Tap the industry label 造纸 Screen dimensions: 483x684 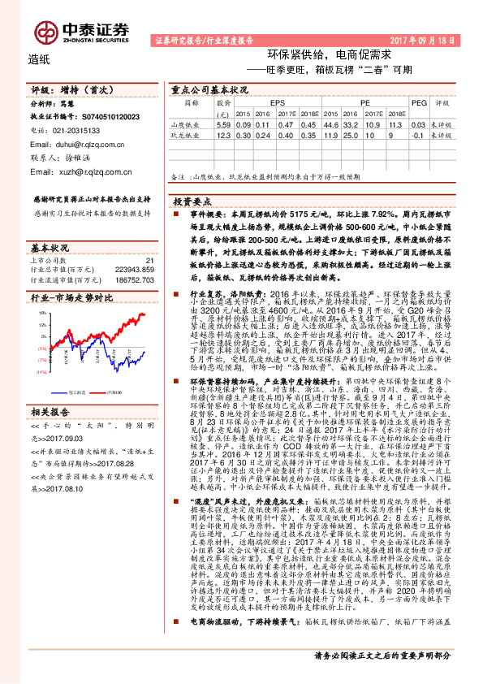[39, 58]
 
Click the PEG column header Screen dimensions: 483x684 [419, 104]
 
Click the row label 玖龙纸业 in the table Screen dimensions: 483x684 [184, 136]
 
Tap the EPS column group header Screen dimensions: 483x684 [278, 104]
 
